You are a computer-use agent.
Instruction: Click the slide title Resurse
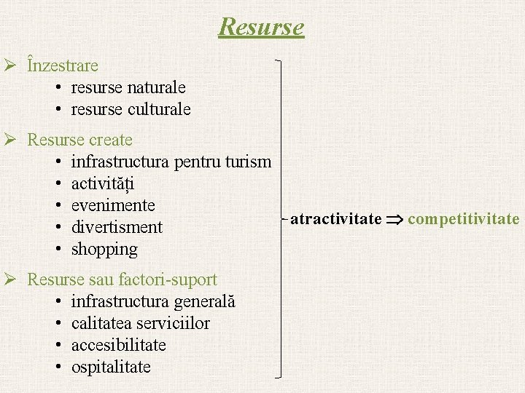click(261, 27)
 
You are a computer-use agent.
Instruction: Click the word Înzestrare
click(63, 65)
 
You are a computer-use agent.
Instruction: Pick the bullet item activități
click(103, 183)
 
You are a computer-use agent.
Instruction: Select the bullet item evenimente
click(113, 205)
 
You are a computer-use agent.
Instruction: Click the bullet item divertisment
click(117, 227)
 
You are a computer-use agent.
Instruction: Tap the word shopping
click(104, 250)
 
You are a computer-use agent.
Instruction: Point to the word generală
click(204, 301)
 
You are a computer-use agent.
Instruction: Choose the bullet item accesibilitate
click(119, 345)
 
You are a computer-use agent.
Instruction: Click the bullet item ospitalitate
click(111, 367)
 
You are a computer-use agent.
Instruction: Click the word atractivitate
click(336, 219)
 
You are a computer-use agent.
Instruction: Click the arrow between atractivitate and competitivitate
click(394, 219)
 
